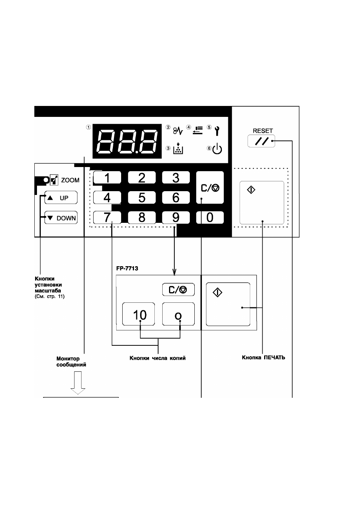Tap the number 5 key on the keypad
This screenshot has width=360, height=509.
[142, 197]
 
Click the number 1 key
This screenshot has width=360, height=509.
[107, 178]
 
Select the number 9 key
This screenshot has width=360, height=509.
[176, 218]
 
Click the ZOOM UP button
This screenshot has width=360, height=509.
[61, 198]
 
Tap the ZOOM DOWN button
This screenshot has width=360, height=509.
[61, 218]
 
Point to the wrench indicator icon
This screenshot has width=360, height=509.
[217, 131]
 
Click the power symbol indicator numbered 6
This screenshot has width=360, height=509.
[217, 149]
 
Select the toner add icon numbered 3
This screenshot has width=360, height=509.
[178, 149]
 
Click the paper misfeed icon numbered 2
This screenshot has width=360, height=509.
[178, 130]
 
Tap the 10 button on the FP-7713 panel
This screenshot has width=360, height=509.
[138, 314]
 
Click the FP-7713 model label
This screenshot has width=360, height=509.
[127, 268]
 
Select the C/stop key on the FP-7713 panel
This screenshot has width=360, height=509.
[178, 290]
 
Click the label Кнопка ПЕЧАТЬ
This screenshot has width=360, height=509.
[263, 358]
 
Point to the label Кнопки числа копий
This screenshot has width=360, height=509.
[158, 358]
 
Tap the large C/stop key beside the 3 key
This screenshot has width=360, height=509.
[210, 187]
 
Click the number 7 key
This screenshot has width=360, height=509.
[107, 218]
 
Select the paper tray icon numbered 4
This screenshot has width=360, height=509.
[198, 130]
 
